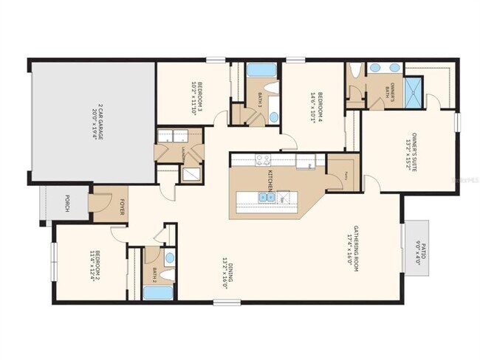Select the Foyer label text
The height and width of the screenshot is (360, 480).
123,208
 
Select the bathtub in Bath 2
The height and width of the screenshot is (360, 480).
157,293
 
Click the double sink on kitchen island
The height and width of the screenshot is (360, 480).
264,197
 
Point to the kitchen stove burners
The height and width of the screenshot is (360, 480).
264,159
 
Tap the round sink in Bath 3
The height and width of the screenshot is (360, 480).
273,117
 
